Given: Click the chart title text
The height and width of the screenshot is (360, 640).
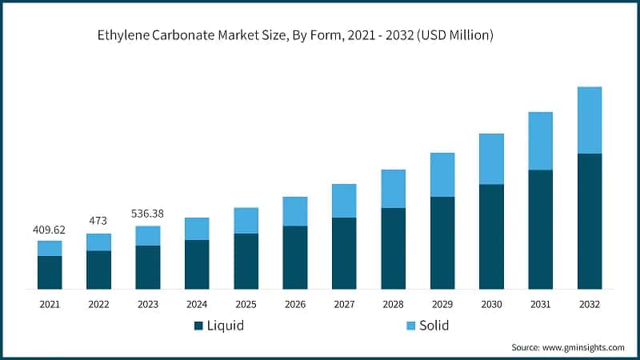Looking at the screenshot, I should (x=295, y=35).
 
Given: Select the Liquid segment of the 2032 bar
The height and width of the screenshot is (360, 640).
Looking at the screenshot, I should (x=590, y=221).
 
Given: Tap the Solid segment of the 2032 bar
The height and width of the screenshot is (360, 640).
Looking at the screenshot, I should (x=590, y=120).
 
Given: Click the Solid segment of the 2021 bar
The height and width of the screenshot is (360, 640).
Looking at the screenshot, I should (x=50, y=248).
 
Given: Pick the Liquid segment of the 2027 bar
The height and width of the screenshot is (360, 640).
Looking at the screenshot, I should (x=344, y=253).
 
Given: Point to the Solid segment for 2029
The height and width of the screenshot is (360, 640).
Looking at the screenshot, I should (x=442, y=174).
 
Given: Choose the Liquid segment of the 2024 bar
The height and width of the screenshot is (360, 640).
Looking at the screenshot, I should (x=197, y=264).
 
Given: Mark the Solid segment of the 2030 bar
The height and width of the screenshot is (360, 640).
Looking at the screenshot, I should (x=491, y=158).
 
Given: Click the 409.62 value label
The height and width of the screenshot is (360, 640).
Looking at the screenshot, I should (x=49, y=229).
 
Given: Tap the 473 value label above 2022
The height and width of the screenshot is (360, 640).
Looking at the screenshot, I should (x=98, y=222).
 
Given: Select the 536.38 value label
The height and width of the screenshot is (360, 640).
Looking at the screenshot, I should (x=148, y=214).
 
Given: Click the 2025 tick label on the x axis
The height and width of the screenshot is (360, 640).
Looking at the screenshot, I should (x=246, y=304).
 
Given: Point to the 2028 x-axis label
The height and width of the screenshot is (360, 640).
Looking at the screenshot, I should (x=393, y=304).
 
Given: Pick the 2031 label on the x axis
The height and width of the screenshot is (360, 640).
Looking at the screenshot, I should (x=540, y=304).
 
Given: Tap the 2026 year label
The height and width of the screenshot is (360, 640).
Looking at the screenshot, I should (x=294, y=304).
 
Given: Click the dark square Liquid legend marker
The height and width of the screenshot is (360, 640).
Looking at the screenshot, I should (x=198, y=326).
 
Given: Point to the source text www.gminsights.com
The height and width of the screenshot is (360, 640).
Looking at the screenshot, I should (x=567, y=347).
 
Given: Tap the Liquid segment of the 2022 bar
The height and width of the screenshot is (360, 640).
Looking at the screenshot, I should (x=98, y=270).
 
